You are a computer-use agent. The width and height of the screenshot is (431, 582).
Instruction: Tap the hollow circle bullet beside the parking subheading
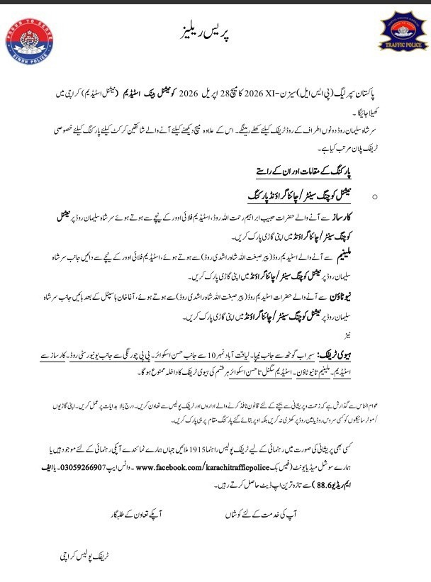point(374,196)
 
